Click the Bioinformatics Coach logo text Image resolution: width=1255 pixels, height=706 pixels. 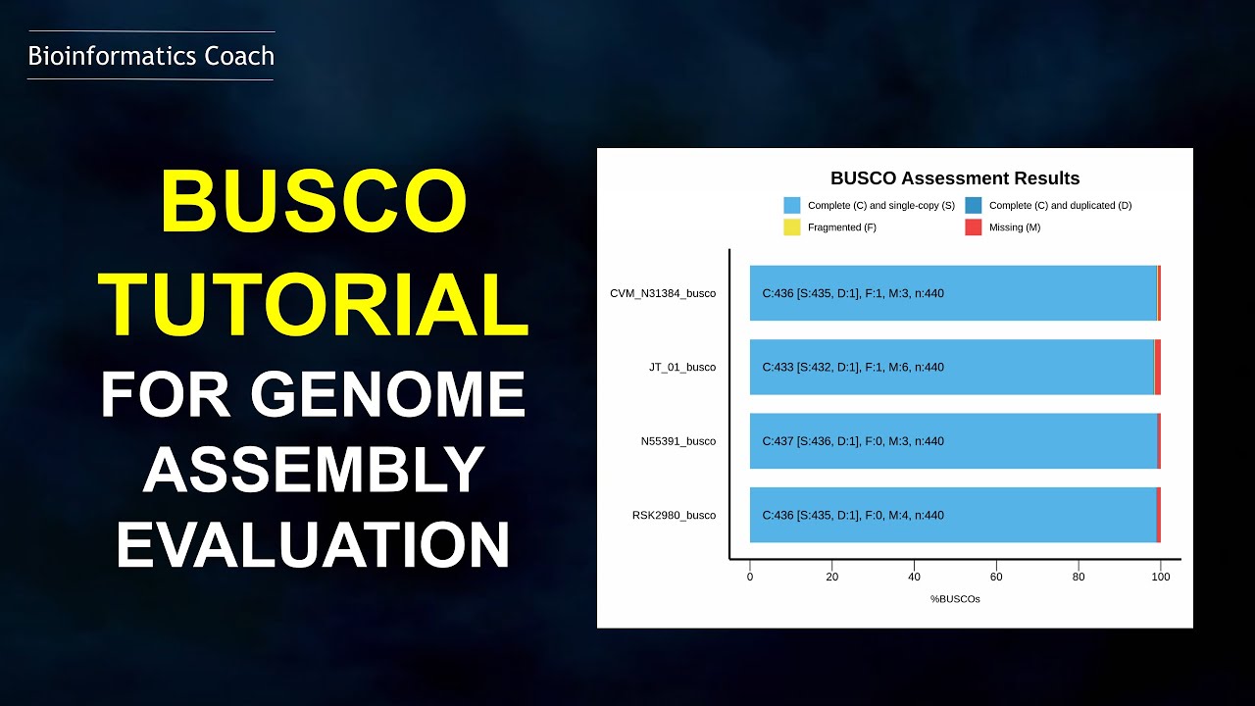(151, 56)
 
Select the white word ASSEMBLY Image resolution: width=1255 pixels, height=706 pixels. (314, 469)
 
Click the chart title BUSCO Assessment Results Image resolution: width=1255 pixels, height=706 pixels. (954, 178)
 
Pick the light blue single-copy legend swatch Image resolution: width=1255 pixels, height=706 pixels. (791, 206)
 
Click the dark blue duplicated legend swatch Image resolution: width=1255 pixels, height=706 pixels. (973, 206)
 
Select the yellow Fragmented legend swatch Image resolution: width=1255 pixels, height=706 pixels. (791, 227)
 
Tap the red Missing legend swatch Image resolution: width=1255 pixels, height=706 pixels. (973, 227)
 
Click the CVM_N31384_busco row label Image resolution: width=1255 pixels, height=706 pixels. (663, 293)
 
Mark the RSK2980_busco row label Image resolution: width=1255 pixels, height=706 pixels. (674, 516)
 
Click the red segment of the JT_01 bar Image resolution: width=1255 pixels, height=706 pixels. (1158, 368)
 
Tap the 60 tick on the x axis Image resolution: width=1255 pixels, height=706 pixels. (996, 578)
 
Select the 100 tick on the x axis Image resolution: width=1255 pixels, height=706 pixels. (1161, 578)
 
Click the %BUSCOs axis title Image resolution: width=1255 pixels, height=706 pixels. (955, 599)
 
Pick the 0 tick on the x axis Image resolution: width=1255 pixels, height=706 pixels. (750, 578)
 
